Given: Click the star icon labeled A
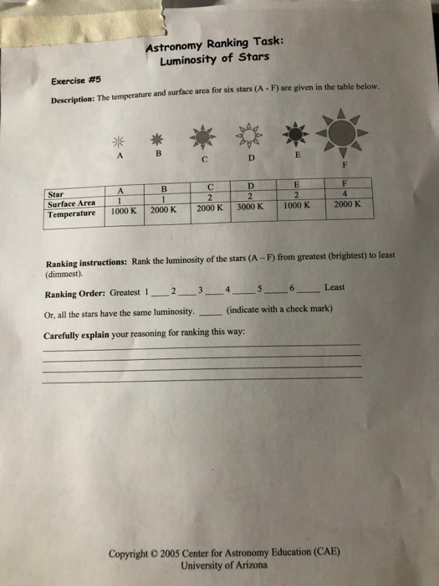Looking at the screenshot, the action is pyautogui.click(x=120, y=138).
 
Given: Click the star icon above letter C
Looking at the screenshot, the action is pyautogui.click(x=203, y=136).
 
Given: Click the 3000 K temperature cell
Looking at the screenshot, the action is pyautogui.click(x=249, y=206).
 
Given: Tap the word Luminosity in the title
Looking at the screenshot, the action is pyautogui.click(x=190, y=60).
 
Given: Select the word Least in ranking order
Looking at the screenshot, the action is pyautogui.click(x=334, y=287).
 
